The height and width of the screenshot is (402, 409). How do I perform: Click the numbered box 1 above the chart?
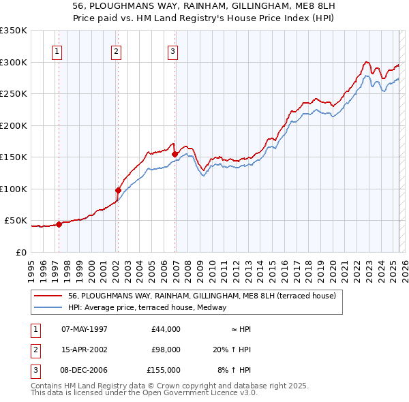pyautogui.click(x=57, y=51)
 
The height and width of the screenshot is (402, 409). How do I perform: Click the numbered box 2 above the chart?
pyautogui.click(x=117, y=51)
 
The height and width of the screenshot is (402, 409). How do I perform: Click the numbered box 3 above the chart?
pyautogui.click(x=173, y=51)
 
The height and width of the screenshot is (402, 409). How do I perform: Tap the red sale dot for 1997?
pyautogui.click(x=59, y=224)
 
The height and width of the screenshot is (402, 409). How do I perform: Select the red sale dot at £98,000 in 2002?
pyautogui.click(x=118, y=190)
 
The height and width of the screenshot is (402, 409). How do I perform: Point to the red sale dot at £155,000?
pyautogui.click(x=175, y=154)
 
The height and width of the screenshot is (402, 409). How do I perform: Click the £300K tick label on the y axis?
pyautogui.click(x=14, y=62)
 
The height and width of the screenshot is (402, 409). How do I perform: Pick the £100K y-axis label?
pyautogui.click(x=14, y=189)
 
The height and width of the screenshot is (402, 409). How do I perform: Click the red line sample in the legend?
pyautogui.click(x=48, y=296)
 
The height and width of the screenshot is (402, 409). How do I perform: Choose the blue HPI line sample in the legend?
pyautogui.click(x=48, y=307)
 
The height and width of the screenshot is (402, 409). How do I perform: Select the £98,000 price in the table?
pyautogui.click(x=166, y=350)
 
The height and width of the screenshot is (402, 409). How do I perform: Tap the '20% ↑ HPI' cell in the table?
pyautogui.click(x=232, y=350)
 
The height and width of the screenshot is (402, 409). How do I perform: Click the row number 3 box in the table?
pyautogui.click(x=34, y=370)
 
